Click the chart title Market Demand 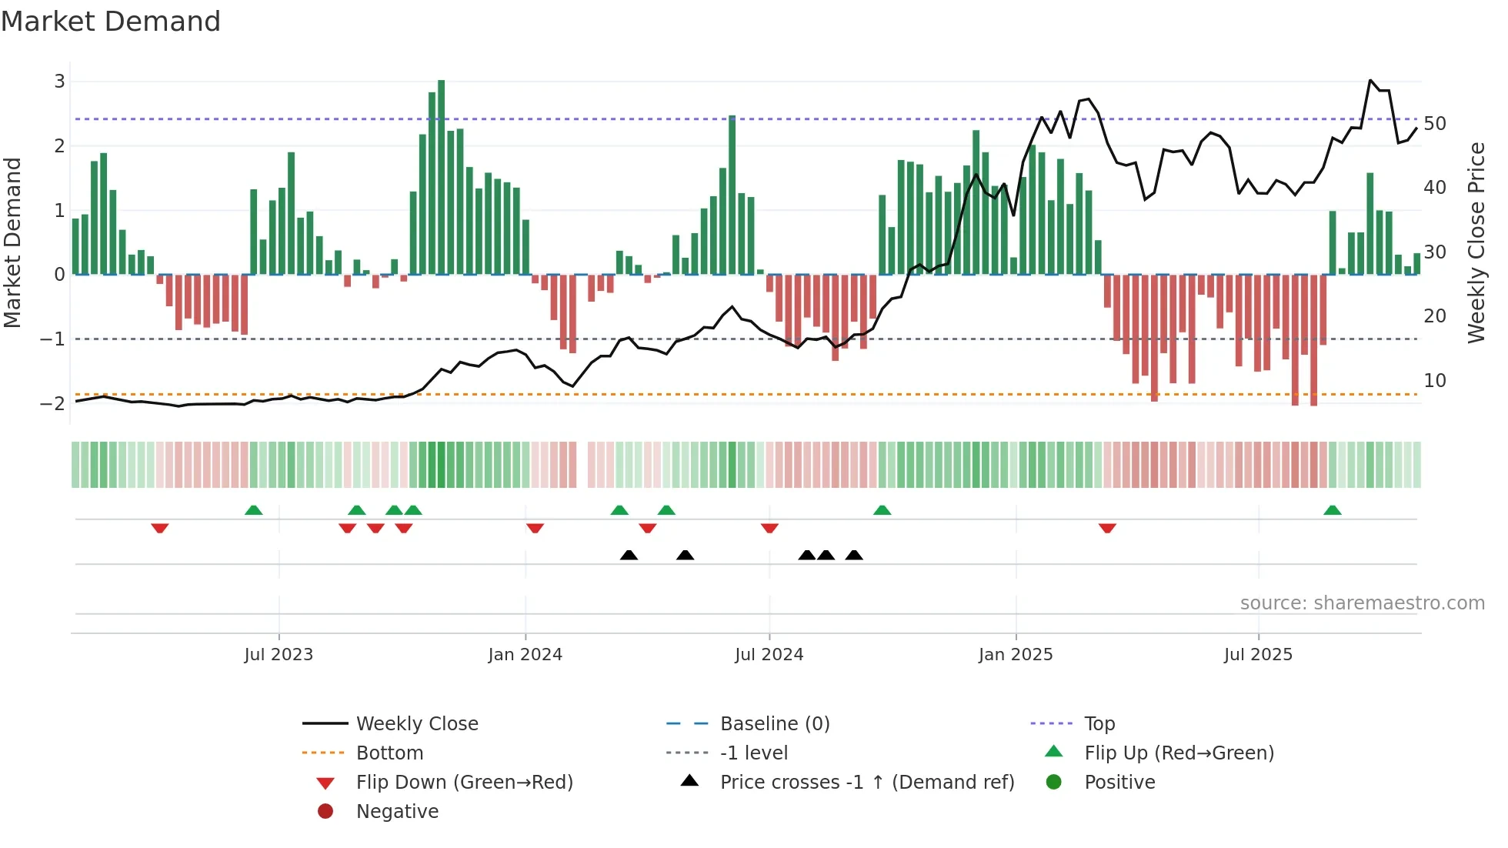(111, 22)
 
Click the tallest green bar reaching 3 (441, 177)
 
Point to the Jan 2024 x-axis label (525, 655)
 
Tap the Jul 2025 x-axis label (1258, 655)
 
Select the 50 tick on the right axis (1434, 124)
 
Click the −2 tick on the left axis (52, 403)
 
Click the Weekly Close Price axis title (1476, 242)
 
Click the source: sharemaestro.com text (1362, 603)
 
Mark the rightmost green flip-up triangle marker (1333, 510)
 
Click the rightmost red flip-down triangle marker (1107, 528)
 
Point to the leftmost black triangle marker (629, 555)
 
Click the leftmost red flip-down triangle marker (160, 528)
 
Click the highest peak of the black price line (1370, 80)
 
